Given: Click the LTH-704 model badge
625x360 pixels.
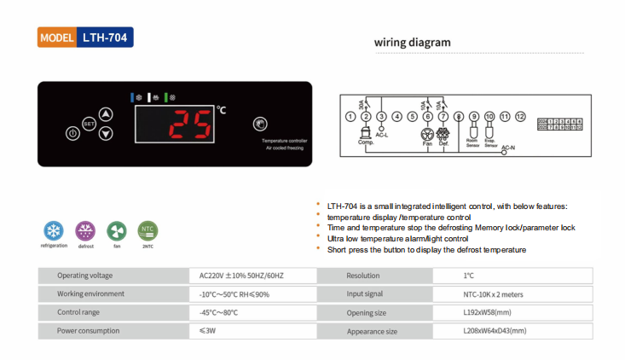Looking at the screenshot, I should tap(86, 38).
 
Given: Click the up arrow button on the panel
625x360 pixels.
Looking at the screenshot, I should tap(105, 113).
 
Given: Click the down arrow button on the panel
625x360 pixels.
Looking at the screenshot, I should tap(105, 133).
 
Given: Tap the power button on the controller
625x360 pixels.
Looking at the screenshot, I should tap(72, 133).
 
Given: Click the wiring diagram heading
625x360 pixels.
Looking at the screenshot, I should tap(413, 43).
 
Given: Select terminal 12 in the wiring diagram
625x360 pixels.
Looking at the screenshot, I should tap(520, 115).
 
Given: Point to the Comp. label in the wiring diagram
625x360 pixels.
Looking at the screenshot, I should tap(366, 142).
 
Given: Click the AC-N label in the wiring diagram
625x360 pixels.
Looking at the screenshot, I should tap(508, 148).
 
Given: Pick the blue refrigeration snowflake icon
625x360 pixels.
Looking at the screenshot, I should tap(53, 230).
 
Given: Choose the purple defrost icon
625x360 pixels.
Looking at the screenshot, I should tap(85, 230).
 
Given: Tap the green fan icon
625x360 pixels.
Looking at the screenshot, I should tap(116, 230).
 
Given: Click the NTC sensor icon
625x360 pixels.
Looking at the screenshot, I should tap(148, 230).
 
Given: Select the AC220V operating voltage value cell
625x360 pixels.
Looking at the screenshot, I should tap(241, 276).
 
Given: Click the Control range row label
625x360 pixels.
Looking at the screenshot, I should tap(80, 312).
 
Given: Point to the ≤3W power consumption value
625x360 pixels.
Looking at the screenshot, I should tap(208, 330).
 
